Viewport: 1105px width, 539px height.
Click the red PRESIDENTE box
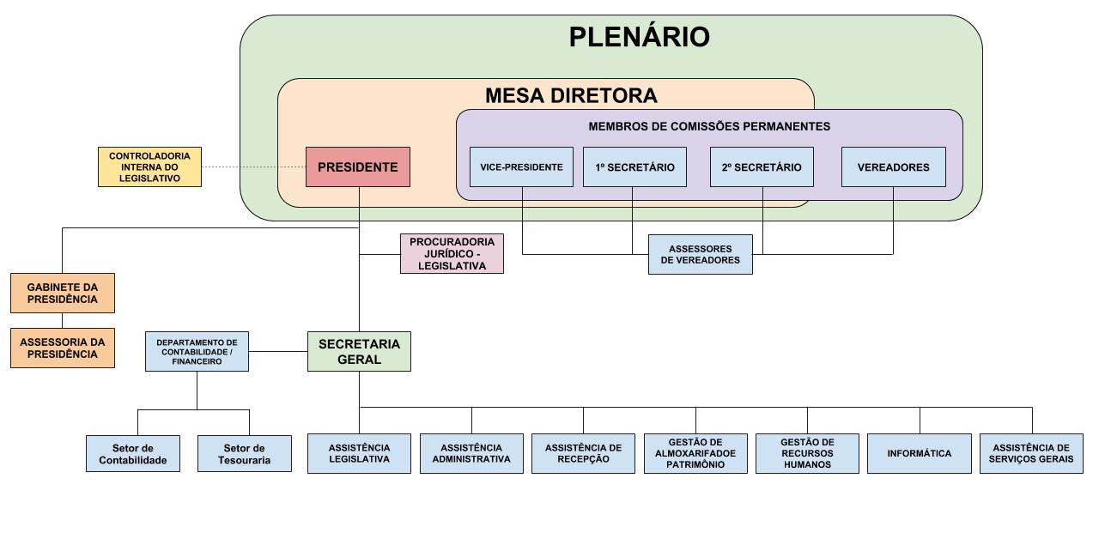358,167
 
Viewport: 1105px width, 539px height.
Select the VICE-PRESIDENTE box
521,167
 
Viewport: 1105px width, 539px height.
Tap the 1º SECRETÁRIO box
634,167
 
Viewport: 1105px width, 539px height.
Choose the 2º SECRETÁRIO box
762,167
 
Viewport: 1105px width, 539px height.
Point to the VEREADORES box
893,167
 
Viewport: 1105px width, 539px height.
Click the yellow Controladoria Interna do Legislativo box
149,167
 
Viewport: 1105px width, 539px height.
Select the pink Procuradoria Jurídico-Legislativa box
452,254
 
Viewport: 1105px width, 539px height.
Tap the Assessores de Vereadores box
700,254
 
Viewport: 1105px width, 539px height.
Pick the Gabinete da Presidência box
62,293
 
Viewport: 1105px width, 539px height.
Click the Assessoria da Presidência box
62,348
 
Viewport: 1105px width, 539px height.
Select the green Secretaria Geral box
359,351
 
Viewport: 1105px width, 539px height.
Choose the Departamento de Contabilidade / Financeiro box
197,351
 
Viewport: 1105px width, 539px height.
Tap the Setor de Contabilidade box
133,453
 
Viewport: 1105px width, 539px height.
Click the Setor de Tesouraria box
245,453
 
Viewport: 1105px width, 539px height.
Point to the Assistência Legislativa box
359,453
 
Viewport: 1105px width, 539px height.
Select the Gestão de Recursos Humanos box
807,453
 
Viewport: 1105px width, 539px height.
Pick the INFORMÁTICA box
920,453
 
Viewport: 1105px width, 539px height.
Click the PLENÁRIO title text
639,38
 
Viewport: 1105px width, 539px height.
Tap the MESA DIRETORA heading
571,95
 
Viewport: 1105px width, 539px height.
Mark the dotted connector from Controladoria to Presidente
253,167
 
